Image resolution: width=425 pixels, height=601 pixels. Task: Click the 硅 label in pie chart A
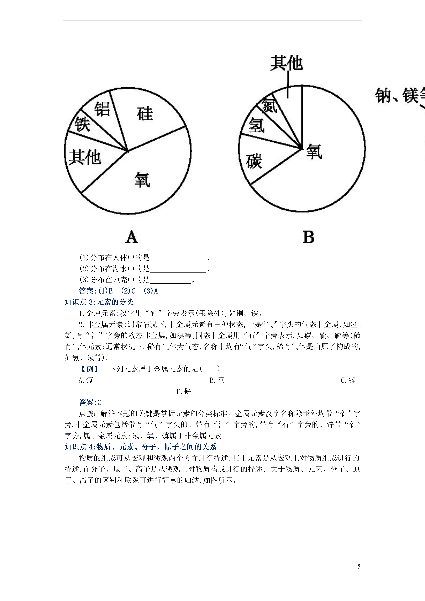(145, 114)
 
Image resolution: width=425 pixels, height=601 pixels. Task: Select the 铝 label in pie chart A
(102, 109)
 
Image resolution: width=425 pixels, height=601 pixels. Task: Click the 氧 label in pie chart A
(142, 180)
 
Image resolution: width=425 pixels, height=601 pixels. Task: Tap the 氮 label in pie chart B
(269, 105)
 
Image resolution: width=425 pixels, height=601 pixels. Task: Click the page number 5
(359, 566)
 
